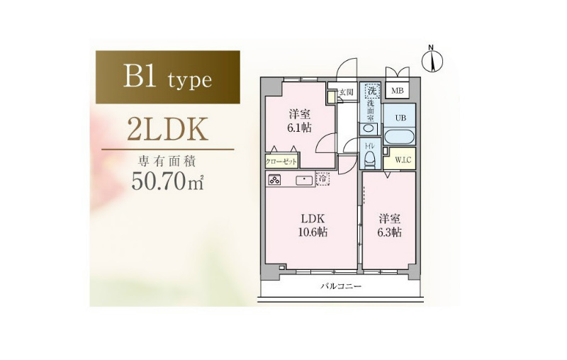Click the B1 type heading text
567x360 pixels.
tap(167, 77)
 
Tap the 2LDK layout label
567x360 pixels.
tap(168, 129)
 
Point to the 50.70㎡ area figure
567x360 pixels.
tap(168, 181)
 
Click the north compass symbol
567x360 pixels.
tap(432, 60)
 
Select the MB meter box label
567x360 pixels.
tap(397, 91)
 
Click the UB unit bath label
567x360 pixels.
tap(400, 118)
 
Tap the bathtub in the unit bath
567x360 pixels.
tap(399, 137)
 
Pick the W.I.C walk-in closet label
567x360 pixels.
tap(403, 159)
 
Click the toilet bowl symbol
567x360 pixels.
tap(369, 159)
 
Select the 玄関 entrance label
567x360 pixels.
tap(346, 92)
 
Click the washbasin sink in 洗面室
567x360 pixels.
tap(368, 129)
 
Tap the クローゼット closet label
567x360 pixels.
tap(281, 162)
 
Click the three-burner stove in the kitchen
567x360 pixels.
tap(274, 179)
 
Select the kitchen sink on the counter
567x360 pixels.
tap(305, 180)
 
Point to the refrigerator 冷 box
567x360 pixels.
tap(322, 178)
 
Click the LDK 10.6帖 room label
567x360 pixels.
tap(313, 225)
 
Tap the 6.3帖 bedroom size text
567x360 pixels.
tap(389, 232)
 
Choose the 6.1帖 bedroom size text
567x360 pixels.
tap(300, 128)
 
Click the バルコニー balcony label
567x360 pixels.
tap(341, 287)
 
